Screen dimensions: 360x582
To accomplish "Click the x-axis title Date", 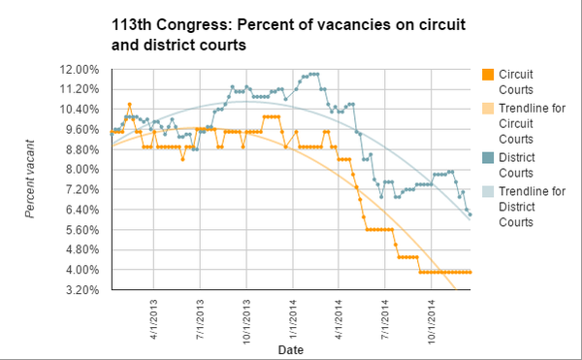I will [291, 348].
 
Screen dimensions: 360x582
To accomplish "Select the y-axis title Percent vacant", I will [31, 180].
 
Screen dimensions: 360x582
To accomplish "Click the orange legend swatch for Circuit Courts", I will [490, 74].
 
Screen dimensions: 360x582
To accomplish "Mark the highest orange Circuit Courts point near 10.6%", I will [129, 104].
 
